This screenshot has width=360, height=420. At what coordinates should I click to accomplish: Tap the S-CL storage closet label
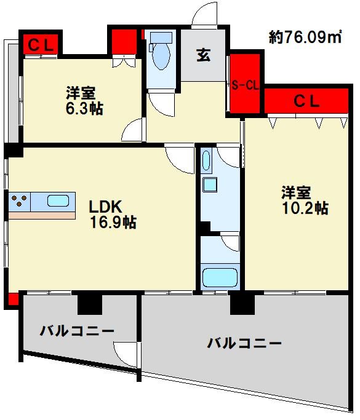pyautogui.click(x=244, y=85)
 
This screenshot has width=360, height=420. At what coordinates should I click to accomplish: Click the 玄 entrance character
pyautogui.click(x=204, y=54)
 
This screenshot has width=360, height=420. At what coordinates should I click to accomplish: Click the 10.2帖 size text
pyautogui.click(x=305, y=208)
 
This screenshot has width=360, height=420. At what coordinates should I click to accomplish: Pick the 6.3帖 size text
pyautogui.click(x=85, y=109)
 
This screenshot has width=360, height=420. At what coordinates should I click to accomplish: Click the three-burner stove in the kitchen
pyautogui.click(x=18, y=201)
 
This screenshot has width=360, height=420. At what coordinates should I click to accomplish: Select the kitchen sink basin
pyautogui.click(x=58, y=200)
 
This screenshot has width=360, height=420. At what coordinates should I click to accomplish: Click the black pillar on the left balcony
pyautogui.click(x=89, y=302)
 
